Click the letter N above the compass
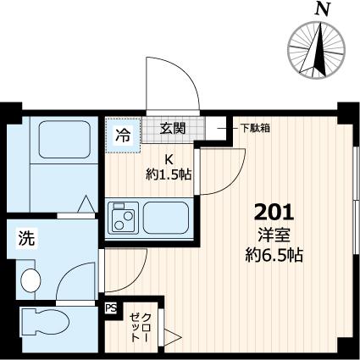click(x=321, y=9)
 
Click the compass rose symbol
click(x=320, y=47)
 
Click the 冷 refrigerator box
click(x=122, y=135)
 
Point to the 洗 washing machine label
click(x=26, y=240)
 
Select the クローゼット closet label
click(x=137, y=326)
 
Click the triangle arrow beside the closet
click(x=173, y=339)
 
